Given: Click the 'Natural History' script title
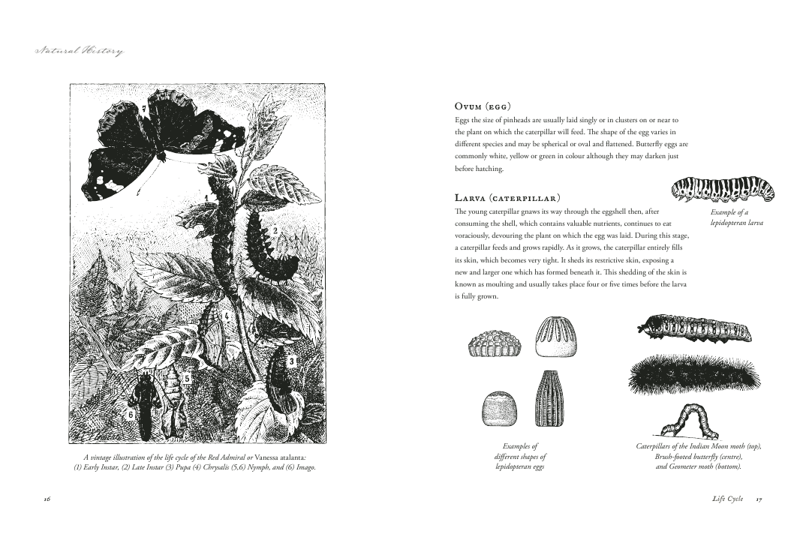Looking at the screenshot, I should [x=80, y=51].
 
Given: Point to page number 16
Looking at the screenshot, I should [x=47, y=499].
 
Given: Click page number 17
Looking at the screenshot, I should [x=759, y=499].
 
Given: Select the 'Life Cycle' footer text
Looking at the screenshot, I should [x=727, y=499].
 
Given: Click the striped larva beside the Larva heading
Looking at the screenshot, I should [x=723, y=190].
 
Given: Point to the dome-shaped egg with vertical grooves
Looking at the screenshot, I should [x=556, y=337].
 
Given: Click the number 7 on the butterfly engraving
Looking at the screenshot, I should [x=143, y=109].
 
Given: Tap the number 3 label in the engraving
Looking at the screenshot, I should [x=291, y=361].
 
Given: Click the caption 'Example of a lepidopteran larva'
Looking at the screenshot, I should [x=736, y=217].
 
